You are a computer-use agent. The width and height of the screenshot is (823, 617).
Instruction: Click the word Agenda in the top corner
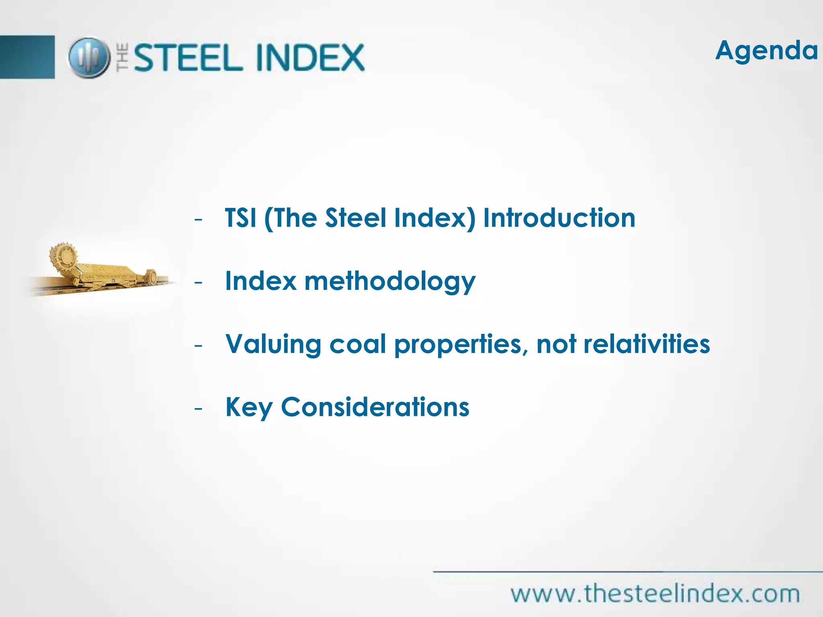(766, 51)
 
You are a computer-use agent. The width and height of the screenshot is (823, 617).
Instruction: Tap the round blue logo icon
(89, 57)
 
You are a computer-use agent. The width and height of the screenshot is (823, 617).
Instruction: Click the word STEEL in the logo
(188, 58)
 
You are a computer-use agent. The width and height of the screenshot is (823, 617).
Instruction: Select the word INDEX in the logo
(310, 58)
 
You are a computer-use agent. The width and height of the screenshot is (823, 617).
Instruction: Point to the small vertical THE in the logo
(123, 57)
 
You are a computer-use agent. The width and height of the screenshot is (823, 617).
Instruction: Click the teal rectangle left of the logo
(27, 57)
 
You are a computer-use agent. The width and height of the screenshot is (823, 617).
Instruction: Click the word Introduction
(559, 218)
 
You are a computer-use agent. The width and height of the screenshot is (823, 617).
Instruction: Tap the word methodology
(390, 282)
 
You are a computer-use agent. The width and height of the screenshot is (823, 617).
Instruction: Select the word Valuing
(273, 345)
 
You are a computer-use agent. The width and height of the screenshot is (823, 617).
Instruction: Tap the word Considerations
(375, 407)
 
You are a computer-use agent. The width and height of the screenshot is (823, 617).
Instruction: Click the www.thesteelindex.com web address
(655, 594)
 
